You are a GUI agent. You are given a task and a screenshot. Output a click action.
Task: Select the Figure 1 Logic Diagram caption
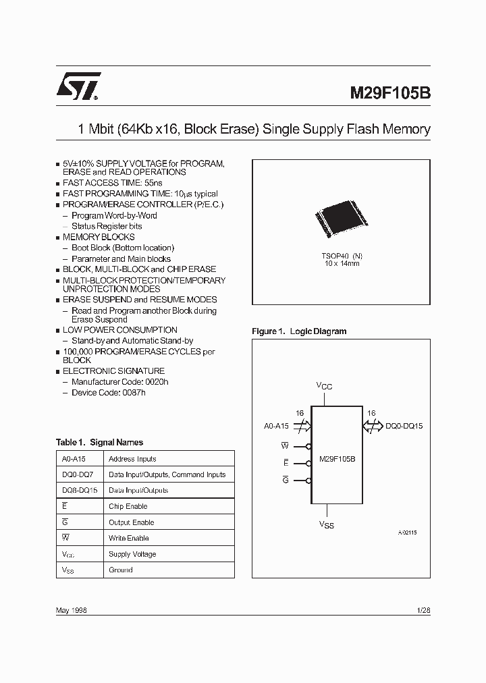(x=299, y=331)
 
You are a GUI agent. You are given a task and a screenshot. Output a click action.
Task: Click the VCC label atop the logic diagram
(x=325, y=385)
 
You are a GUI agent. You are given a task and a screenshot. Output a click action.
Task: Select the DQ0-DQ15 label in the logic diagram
(x=404, y=427)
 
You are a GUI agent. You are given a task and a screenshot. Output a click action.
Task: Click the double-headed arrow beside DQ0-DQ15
(x=372, y=426)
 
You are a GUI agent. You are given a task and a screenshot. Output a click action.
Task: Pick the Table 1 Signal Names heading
(x=99, y=443)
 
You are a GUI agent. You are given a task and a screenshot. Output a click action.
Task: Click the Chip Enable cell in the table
(x=128, y=506)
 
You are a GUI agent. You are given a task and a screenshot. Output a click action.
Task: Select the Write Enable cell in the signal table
(x=128, y=538)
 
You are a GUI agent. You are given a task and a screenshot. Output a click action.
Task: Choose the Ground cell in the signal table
(x=121, y=570)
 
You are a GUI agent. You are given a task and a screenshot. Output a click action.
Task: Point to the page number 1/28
(x=424, y=609)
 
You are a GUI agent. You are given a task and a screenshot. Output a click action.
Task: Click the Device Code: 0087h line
(x=108, y=392)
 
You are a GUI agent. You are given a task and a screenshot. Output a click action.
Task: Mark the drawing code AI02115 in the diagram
(x=407, y=532)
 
